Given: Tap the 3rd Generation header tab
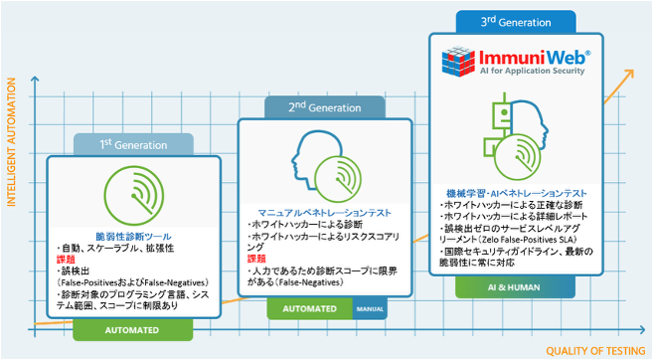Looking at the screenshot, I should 517,20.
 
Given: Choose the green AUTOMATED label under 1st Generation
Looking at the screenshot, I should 132,329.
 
